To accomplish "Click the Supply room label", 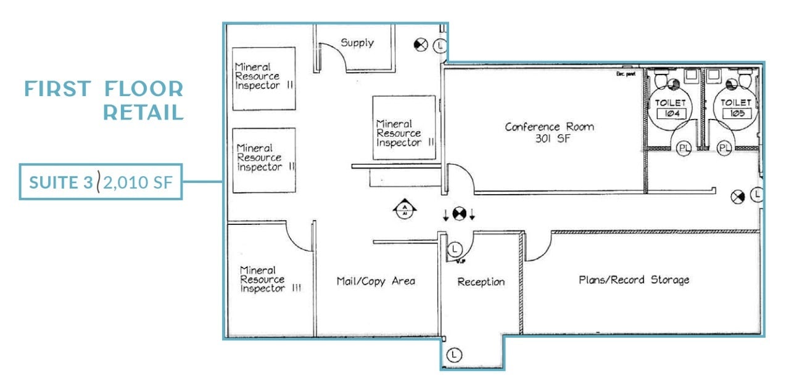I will tap(357, 43).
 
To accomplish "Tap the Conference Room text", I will tap(549, 127).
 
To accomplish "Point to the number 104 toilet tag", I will tap(667, 114).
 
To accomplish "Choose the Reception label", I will tap(481, 282).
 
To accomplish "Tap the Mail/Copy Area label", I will tap(376, 281).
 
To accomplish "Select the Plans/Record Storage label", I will tap(634, 280).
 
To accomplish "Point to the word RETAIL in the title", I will tap(143, 113).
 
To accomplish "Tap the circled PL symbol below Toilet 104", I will tap(683, 149).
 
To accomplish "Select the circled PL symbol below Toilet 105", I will tap(725, 149).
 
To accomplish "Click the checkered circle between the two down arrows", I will tap(458, 214).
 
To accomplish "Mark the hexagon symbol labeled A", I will tap(405, 211).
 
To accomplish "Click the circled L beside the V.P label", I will tap(454, 249).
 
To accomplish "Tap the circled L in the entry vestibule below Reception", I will tap(454, 355).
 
